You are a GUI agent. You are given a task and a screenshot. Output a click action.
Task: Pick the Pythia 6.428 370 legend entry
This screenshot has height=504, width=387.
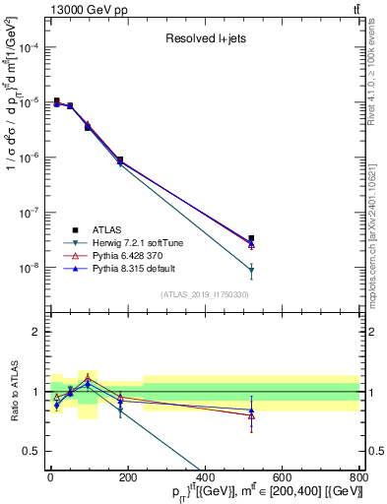click(x=128, y=255)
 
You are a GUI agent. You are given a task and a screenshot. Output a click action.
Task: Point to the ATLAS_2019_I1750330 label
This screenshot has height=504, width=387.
click(x=204, y=294)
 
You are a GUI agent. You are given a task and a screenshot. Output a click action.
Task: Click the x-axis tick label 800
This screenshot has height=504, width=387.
click(x=357, y=479)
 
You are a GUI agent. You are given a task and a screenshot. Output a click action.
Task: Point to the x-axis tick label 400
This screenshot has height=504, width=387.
click(x=204, y=479)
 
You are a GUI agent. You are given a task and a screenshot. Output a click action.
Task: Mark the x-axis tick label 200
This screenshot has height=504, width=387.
click(x=127, y=479)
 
